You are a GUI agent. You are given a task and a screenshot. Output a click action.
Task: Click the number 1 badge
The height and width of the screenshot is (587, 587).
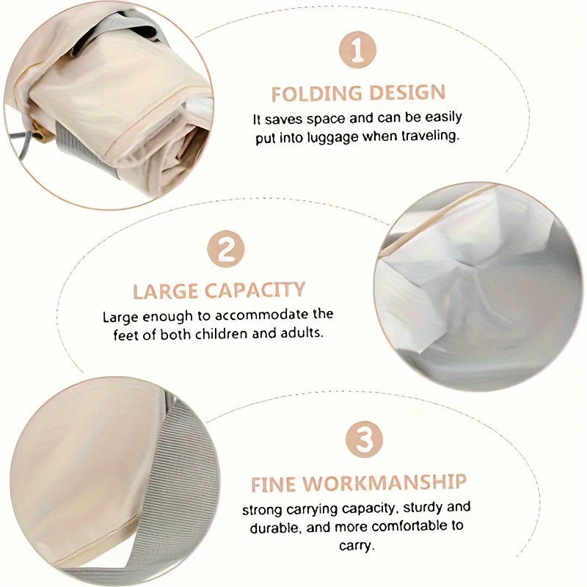tap(357, 50)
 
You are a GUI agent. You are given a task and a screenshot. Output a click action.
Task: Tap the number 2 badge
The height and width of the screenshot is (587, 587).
tap(226, 249)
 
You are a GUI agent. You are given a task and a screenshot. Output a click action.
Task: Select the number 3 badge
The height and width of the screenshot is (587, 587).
tap(364, 440)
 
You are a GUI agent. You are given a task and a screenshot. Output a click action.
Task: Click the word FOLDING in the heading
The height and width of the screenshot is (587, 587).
tap(317, 94)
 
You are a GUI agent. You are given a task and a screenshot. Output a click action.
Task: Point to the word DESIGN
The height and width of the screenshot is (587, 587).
tap(407, 92)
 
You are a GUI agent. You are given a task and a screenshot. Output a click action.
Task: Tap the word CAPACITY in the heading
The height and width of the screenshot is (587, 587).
tap(255, 290)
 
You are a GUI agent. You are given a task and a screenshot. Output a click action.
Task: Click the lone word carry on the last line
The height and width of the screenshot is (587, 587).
tap(357, 545)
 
